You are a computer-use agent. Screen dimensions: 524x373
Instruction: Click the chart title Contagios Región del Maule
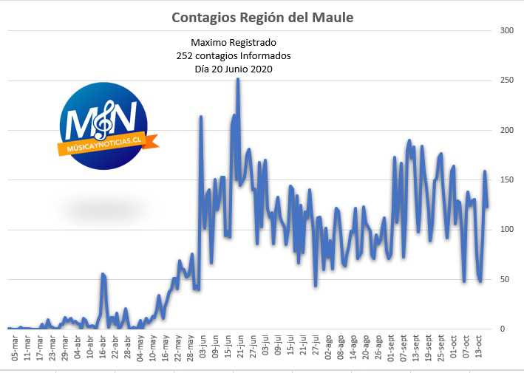262,18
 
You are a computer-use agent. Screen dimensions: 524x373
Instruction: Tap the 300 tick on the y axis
506,30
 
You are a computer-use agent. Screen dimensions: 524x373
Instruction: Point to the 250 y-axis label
506,81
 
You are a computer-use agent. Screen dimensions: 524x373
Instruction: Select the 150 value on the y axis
506,179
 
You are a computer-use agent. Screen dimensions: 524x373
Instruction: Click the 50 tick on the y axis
505,279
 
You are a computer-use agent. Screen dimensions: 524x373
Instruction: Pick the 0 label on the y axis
503,329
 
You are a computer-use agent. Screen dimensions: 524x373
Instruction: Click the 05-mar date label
15,348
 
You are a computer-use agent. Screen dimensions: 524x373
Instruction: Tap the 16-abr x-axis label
103,348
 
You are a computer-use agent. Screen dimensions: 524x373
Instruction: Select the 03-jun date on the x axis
203,348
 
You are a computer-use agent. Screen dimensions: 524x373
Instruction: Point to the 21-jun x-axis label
241,348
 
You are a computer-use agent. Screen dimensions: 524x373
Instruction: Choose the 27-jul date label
316,348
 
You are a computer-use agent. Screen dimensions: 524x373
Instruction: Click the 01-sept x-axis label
391,348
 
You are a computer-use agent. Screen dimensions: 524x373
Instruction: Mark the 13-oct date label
479,348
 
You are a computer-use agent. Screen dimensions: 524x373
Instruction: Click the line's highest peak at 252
238,79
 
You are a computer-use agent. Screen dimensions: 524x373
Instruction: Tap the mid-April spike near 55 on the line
103,275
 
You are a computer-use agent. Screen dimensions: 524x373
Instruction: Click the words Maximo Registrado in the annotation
234,42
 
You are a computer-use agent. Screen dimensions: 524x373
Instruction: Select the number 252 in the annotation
183,56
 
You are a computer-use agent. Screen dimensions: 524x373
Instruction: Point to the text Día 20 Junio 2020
234,69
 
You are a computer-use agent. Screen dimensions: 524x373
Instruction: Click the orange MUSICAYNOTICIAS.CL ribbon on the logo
108,144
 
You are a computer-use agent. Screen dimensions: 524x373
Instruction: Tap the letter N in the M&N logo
125,117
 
